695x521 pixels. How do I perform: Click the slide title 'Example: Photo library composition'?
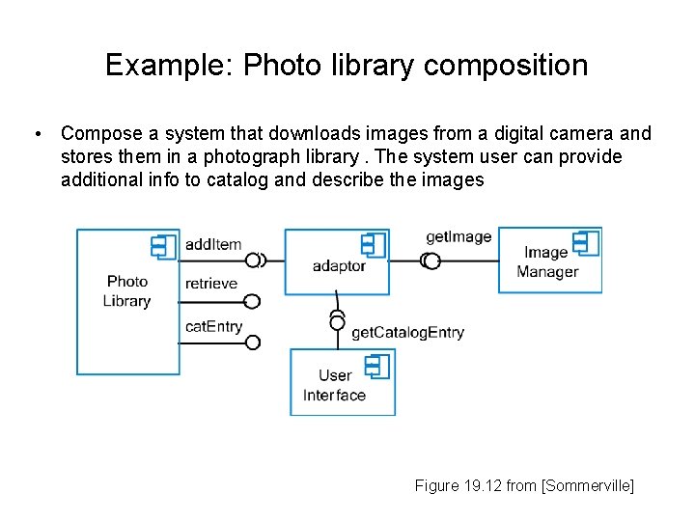pos(347,66)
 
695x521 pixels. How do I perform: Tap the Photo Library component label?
pos(127,291)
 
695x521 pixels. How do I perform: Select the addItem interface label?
pos(212,244)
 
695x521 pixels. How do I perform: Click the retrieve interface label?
pos(210,284)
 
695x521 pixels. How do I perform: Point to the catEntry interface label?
pos(213,327)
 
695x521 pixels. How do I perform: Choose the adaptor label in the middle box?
pos(339,266)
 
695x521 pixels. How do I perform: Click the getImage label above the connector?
pos(459,237)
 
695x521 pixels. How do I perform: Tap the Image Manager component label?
pos(546,262)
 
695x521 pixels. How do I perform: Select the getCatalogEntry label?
pos(407,333)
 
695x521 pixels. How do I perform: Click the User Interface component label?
pos(334,385)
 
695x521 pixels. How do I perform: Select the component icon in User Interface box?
pos(376,367)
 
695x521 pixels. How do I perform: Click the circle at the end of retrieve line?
pos(253,301)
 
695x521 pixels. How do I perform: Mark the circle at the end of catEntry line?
pos(253,342)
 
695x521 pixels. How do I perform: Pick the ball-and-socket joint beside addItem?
pos(256,260)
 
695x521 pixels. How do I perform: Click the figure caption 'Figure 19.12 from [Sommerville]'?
pos(524,486)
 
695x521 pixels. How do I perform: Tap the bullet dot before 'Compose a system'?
pos(36,134)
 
